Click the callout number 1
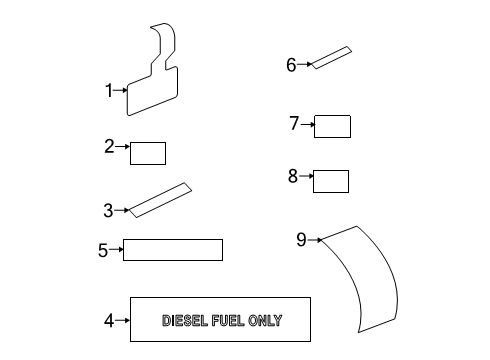click(109, 90)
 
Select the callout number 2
click(109, 147)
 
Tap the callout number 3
click(108, 210)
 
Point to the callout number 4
click(108, 321)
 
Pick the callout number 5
click(102, 250)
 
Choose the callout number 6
click(291, 65)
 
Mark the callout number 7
click(294, 124)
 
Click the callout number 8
click(293, 177)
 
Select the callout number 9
click(301, 239)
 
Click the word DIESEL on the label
click(186, 321)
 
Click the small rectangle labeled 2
click(148, 153)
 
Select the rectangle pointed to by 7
click(333, 126)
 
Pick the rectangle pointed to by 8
click(331, 181)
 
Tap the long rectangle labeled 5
click(172, 250)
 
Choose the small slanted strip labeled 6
click(331, 59)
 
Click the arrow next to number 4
click(123, 321)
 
